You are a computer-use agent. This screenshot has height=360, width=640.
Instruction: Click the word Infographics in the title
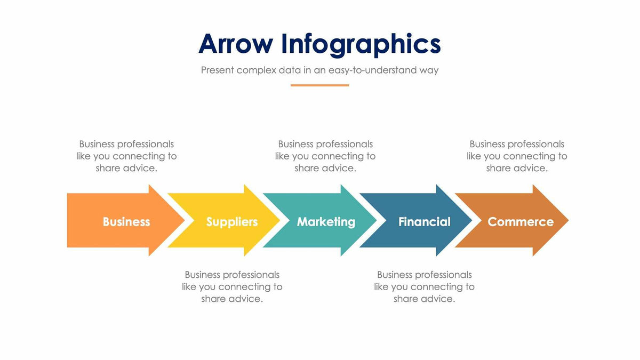pyautogui.click(x=361, y=45)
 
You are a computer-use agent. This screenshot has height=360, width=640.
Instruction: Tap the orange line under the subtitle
pyautogui.click(x=319, y=85)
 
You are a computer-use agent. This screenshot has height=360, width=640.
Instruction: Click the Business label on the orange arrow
pyautogui.click(x=126, y=222)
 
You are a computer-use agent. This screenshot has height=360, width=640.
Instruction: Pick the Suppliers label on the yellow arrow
pyautogui.click(x=232, y=222)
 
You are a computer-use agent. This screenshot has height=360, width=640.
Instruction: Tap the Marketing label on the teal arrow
pyautogui.click(x=326, y=222)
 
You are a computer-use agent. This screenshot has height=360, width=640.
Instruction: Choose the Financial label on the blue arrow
pyautogui.click(x=424, y=222)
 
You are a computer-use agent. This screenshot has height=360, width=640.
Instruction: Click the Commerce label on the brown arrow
pyautogui.click(x=521, y=222)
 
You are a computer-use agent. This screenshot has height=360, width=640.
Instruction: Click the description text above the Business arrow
pyautogui.click(x=126, y=156)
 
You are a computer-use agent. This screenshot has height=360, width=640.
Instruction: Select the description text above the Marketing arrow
pyautogui.click(x=325, y=156)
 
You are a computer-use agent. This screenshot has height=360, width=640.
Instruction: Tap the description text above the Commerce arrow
pyautogui.click(x=517, y=156)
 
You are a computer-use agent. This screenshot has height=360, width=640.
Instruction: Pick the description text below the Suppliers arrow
pyautogui.click(x=232, y=286)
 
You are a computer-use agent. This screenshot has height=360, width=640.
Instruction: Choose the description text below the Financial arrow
pyautogui.click(x=424, y=286)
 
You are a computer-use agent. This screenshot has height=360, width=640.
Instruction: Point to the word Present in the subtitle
pyautogui.click(x=217, y=70)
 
